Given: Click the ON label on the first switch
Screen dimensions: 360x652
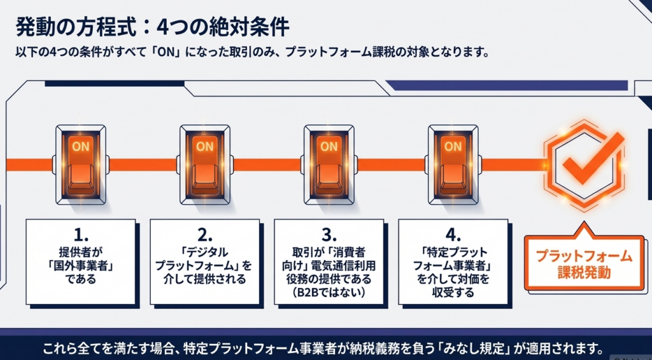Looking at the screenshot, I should click(80, 146).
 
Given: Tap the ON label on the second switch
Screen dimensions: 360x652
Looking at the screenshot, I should click(204, 146).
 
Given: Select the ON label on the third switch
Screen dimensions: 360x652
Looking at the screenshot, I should click(329, 146).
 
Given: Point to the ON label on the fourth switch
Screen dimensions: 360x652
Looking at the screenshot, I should click(453, 146).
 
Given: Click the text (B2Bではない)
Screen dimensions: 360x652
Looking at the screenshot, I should click(329, 292).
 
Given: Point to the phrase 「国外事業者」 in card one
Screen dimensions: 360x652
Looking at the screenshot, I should click(80, 264).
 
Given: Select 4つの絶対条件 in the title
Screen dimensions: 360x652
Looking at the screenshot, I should click(220, 27).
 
